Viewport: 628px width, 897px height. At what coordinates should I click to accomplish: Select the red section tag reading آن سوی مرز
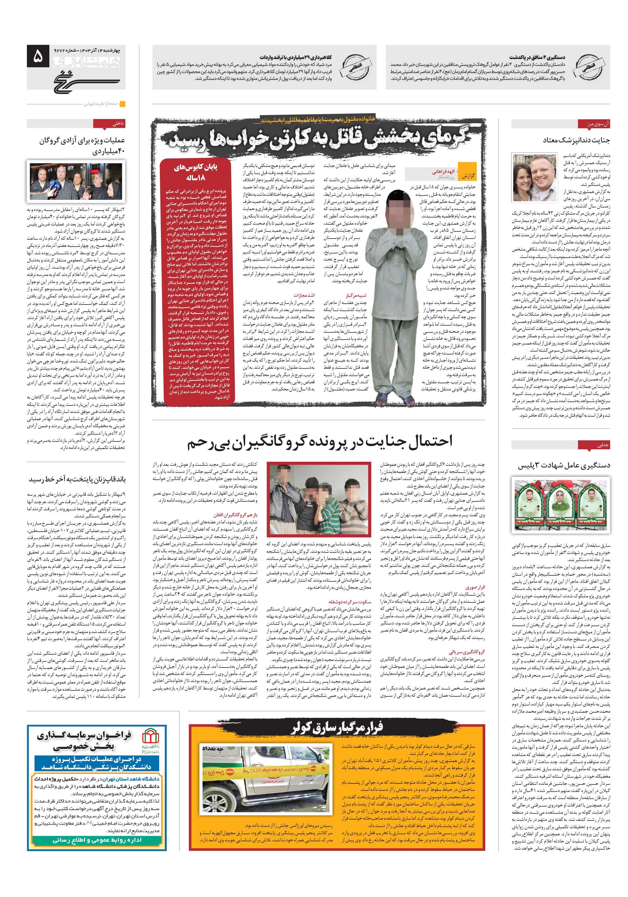click(x=593, y=124)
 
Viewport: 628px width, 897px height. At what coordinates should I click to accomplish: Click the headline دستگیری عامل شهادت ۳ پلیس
click(x=563, y=465)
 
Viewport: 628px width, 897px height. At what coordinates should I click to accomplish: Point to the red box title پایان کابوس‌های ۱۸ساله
click(x=196, y=172)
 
